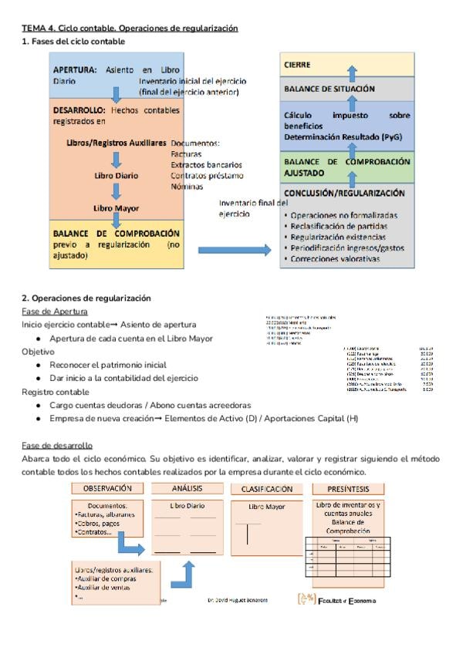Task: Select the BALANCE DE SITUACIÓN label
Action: pyautogui.click(x=330, y=89)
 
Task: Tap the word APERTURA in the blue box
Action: pyautogui.click(x=75, y=69)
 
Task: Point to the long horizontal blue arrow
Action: pyautogui.click(x=235, y=250)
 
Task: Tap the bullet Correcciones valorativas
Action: pyautogui.click(x=336, y=259)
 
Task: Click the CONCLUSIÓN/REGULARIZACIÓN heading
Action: pyautogui.click(x=343, y=194)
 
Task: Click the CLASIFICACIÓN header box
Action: pyautogui.click(x=267, y=489)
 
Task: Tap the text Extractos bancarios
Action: pyautogui.click(x=206, y=165)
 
